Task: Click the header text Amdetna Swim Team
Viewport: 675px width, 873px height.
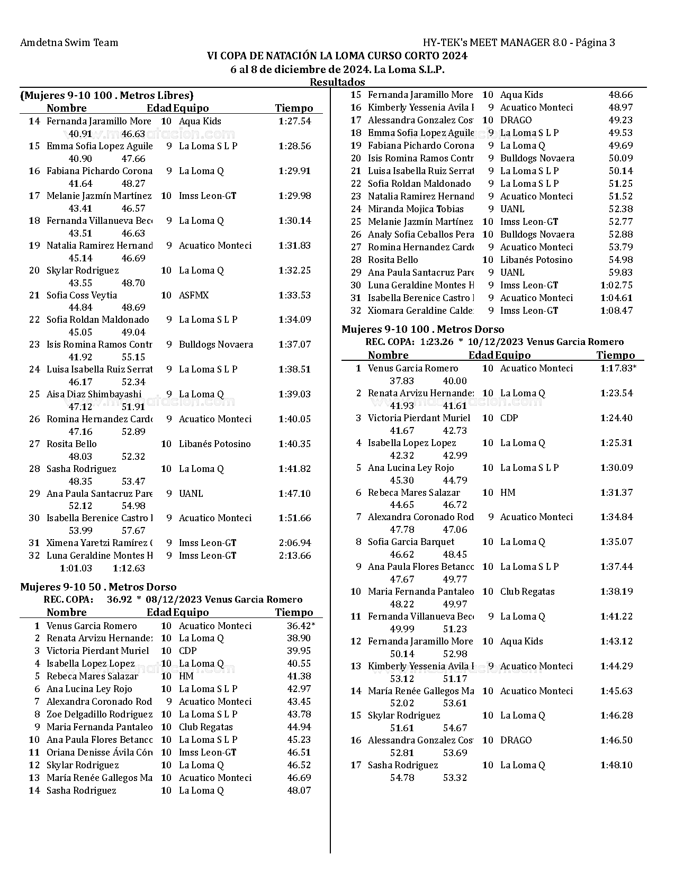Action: click(x=69, y=43)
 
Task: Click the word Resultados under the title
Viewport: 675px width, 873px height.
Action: click(x=337, y=82)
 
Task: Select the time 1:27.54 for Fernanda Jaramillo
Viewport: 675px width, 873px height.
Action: click(x=294, y=121)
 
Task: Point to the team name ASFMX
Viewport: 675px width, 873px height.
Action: click(x=194, y=295)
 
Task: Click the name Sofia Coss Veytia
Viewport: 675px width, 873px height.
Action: click(x=82, y=295)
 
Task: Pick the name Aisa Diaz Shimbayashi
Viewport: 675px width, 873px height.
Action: click(x=94, y=394)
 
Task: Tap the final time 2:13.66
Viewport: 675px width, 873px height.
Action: click(x=294, y=556)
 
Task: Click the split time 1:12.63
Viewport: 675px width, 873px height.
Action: click(x=129, y=568)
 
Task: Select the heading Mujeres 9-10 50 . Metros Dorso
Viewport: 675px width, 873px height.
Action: click(x=98, y=587)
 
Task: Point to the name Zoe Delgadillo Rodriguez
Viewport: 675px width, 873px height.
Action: click(x=100, y=714)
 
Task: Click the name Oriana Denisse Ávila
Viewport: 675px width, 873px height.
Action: click(x=100, y=752)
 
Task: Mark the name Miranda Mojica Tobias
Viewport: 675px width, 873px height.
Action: click(x=416, y=209)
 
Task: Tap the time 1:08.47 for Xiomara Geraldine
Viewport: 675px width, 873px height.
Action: click(x=616, y=311)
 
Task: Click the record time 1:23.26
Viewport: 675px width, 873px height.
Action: click(x=437, y=342)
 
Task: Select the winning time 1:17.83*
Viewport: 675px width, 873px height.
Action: click(x=618, y=368)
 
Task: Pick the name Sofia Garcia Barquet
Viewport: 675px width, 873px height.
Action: click(x=411, y=542)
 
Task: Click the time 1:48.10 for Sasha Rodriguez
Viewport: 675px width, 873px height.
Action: click(x=616, y=765)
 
